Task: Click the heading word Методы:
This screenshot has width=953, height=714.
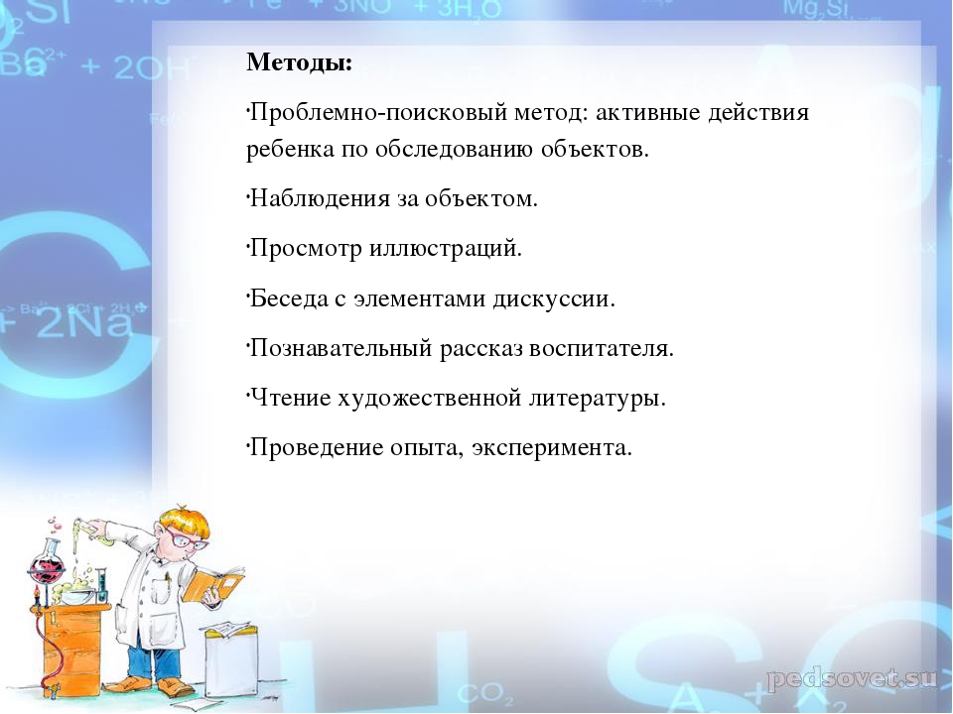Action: pos(299,62)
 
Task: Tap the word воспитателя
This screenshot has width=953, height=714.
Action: pos(602,349)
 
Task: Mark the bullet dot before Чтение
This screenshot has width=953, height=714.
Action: pos(248,393)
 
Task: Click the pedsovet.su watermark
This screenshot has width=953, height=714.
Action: pos(851,678)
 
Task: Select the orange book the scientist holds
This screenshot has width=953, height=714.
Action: pos(213,583)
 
